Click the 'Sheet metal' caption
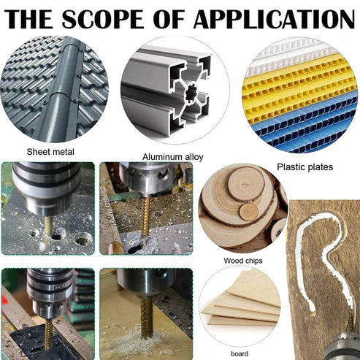tap(50, 152)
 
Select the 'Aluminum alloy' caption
tap(172, 156)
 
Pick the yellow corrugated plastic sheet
tap(299, 99)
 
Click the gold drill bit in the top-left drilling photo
tap(48, 223)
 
